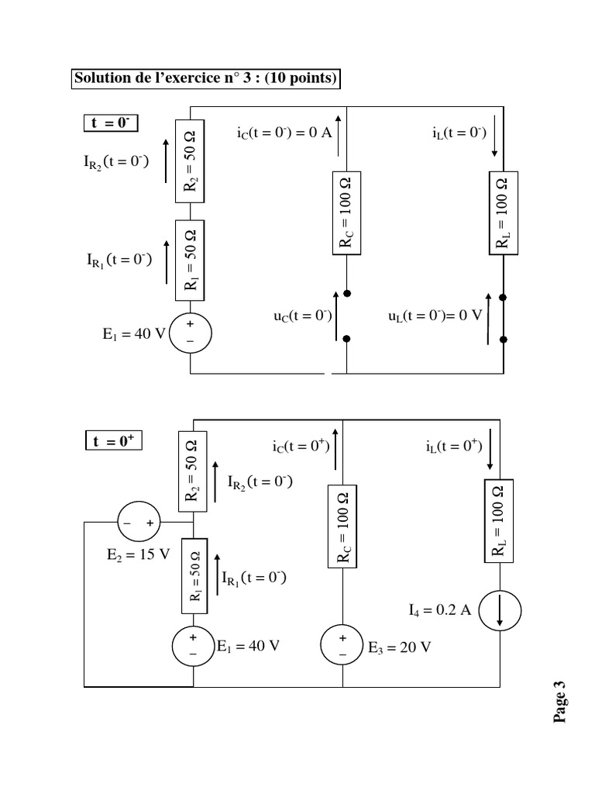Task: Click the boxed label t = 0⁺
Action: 114,441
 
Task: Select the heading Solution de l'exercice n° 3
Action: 205,79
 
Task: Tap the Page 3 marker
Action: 561,701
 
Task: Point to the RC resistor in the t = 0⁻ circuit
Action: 346,212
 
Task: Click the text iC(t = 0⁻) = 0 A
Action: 284,133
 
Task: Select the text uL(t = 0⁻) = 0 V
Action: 435,316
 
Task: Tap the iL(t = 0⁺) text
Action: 454,446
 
